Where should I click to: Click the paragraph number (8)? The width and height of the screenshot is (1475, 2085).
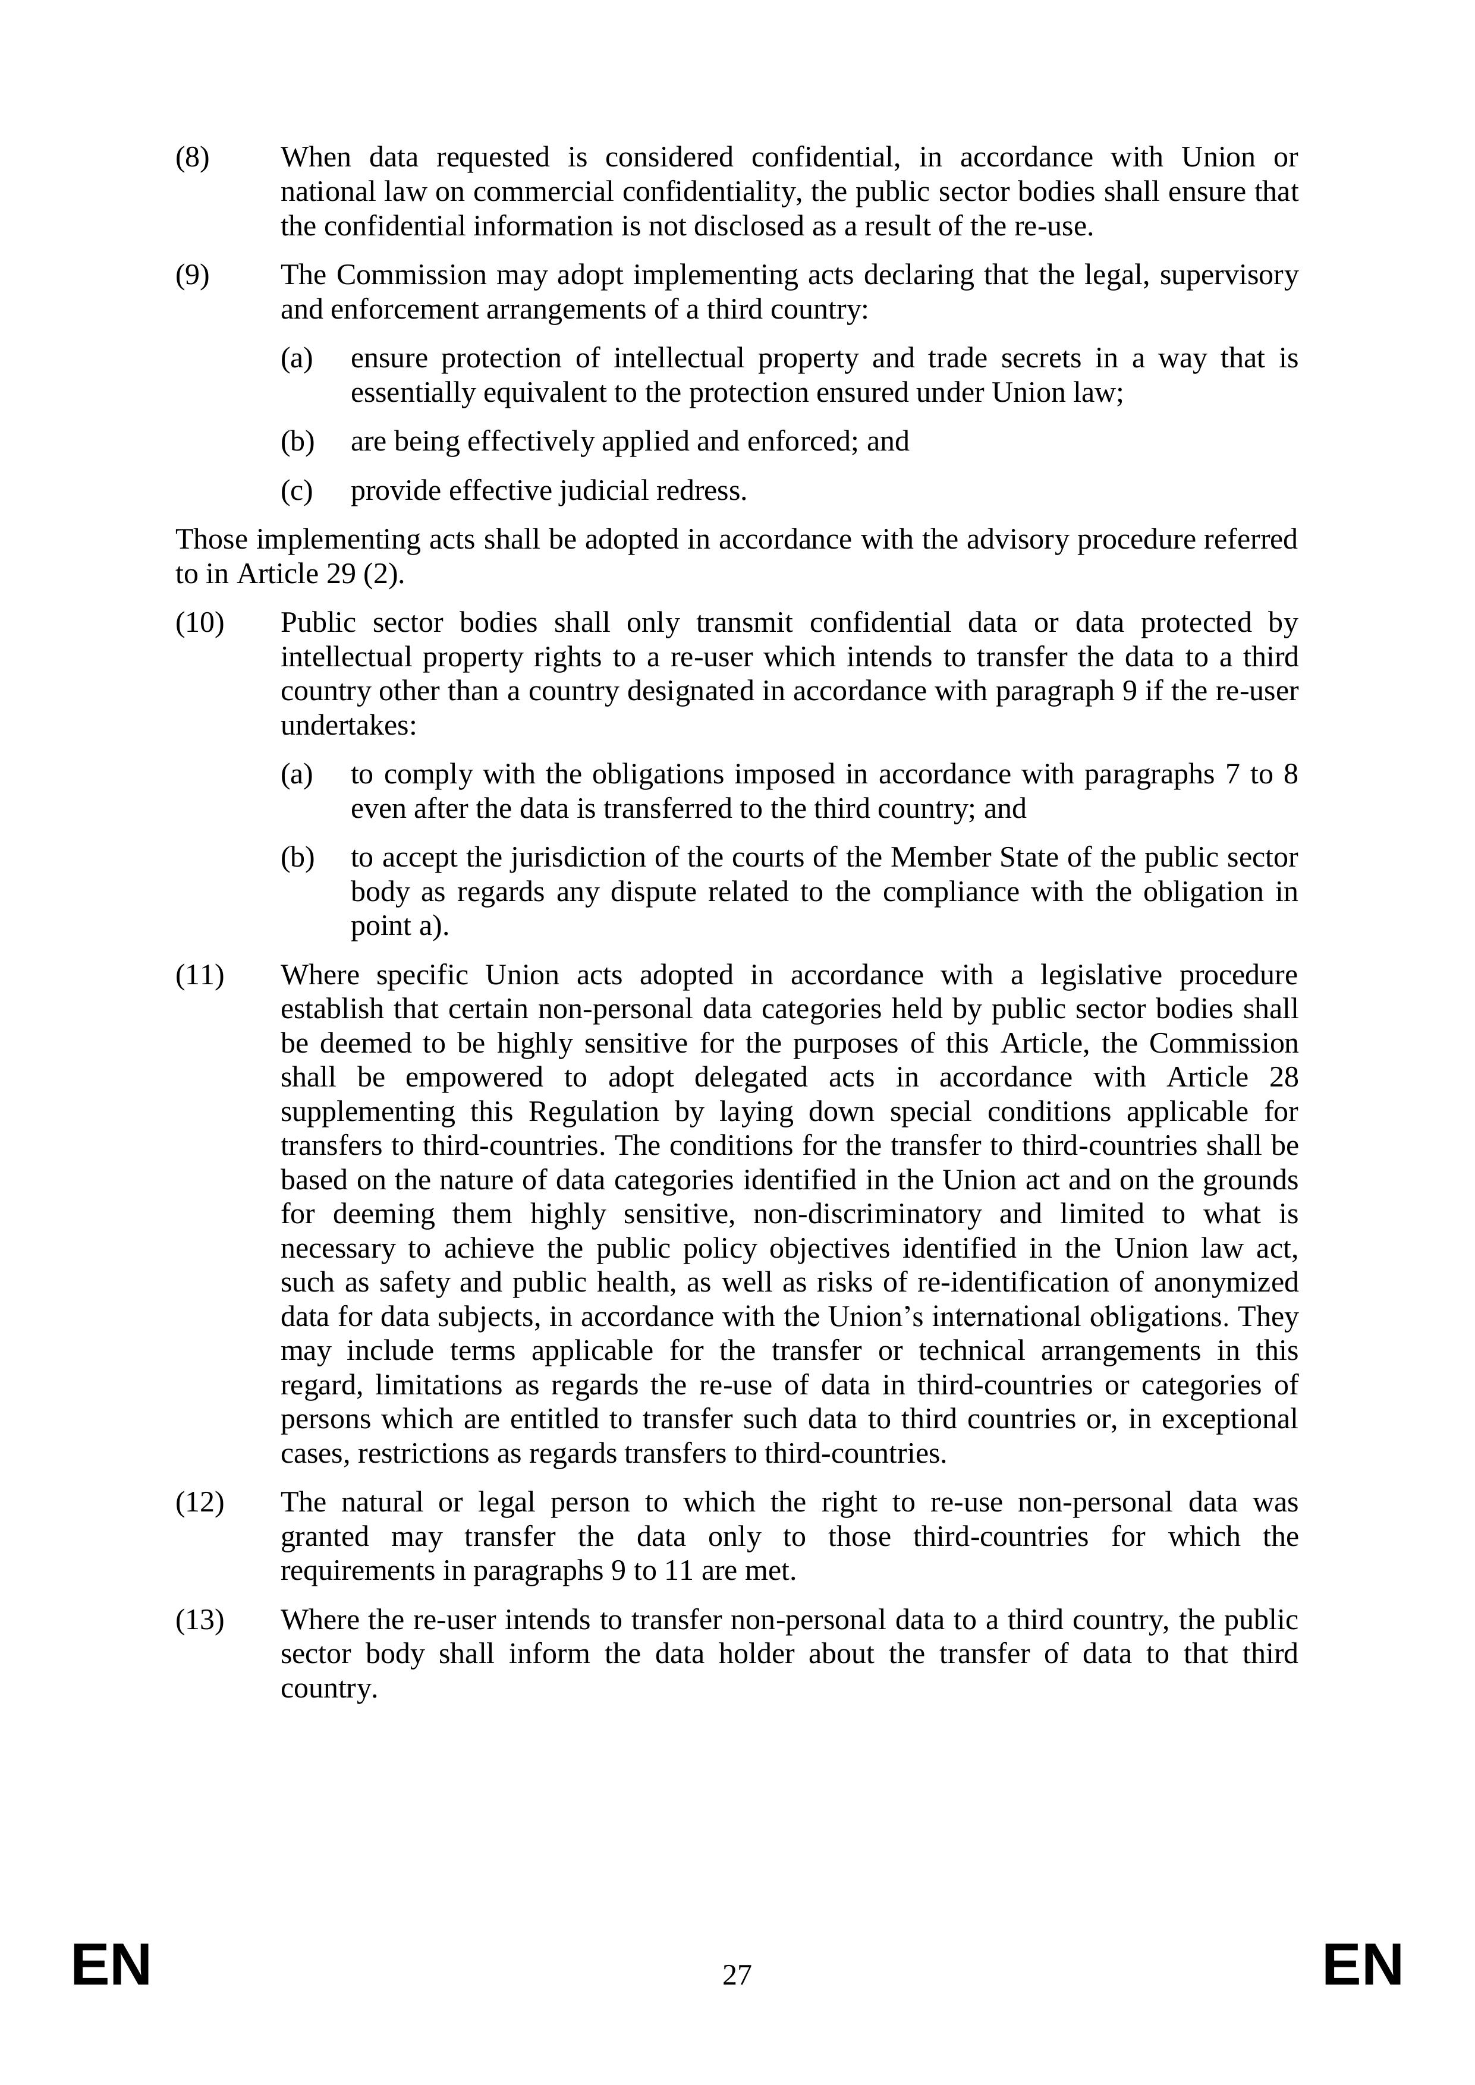191,158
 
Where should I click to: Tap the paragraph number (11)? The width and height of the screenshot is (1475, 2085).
199,975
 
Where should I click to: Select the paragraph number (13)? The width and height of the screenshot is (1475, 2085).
199,1620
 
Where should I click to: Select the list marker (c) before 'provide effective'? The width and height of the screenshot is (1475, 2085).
296,492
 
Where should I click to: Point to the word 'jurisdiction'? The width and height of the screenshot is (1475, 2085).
587,858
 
